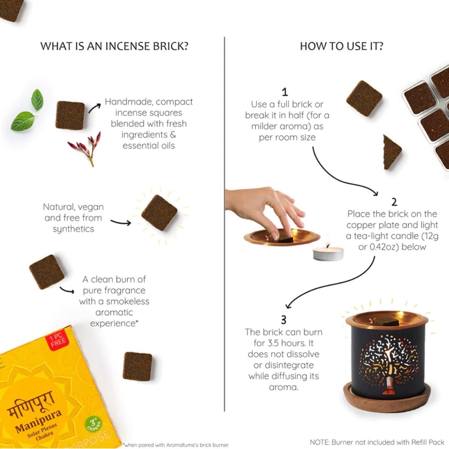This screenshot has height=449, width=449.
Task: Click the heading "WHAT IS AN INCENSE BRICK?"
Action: (x=114, y=46)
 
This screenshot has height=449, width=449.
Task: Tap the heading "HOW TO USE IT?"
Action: (x=341, y=46)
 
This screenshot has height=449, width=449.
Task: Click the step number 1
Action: (x=284, y=92)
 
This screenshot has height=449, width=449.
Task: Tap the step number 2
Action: (x=394, y=202)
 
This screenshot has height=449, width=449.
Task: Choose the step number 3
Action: (x=284, y=320)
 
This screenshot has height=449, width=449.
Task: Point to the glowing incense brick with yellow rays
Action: (x=160, y=212)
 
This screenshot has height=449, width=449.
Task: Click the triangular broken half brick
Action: (x=392, y=152)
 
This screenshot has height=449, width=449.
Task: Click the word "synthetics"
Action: (x=73, y=229)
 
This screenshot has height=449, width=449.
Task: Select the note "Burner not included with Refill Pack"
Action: (x=377, y=442)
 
